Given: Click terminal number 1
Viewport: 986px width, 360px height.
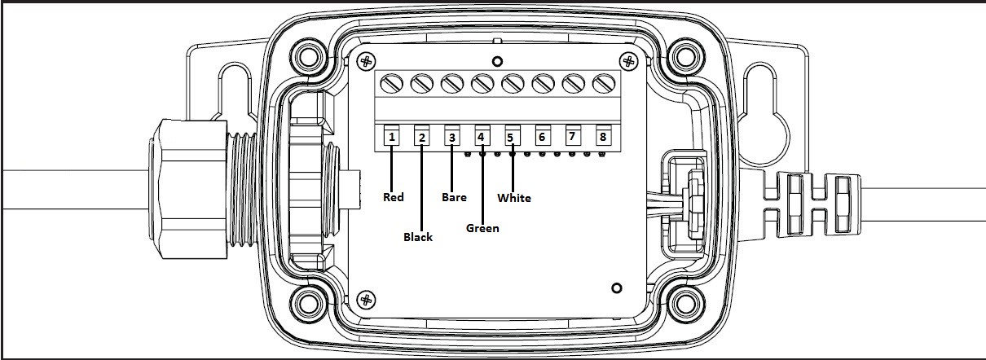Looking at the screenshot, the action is click(x=392, y=137).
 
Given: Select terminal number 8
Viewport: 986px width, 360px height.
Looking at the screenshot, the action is click(x=603, y=137).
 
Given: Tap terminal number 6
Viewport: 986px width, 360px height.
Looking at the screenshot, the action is click(x=542, y=138).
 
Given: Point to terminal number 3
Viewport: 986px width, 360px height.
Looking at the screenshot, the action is click(x=451, y=138).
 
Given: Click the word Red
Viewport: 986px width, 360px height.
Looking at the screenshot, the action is click(x=393, y=197).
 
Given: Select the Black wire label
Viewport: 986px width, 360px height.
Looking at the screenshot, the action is click(x=418, y=237).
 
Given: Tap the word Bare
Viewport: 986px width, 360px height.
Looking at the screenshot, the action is click(x=454, y=197).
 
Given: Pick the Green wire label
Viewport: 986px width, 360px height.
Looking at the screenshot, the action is click(x=482, y=228).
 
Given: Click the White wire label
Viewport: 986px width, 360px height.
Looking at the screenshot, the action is click(x=513, y=198).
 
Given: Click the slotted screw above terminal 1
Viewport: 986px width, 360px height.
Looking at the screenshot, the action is click(x=391, y=84).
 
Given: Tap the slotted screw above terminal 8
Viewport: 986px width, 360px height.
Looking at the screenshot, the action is click(x=604, y=84).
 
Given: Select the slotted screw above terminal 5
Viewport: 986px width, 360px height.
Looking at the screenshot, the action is click(x=513, y=84).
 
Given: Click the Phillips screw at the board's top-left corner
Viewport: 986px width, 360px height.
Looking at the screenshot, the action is click(x=366, y=61).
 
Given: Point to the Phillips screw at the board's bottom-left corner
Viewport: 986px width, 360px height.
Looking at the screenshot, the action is click(x=366, y=301).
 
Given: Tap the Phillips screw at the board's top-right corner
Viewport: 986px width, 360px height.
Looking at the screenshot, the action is click(x=628, y=61).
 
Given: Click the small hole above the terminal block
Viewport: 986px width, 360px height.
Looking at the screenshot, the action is click(x=497, y=61).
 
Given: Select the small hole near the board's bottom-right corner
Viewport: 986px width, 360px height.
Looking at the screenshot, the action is click(x=617, y=288).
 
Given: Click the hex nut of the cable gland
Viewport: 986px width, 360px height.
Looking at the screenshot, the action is click(x=188, y=188).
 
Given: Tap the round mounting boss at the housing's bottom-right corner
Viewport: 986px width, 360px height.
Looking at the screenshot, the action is click(x=685, y=303).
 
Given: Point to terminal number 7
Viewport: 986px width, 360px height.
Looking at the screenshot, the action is click(x=572, y=137).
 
